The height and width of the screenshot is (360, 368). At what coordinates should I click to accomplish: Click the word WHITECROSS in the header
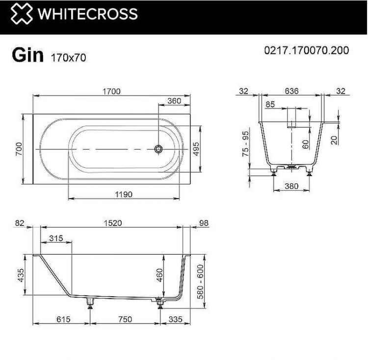88,14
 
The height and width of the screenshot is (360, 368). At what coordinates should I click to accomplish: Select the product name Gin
27,55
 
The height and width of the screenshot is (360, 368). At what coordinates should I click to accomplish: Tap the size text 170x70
68,57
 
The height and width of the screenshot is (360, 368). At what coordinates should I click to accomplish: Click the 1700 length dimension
111,91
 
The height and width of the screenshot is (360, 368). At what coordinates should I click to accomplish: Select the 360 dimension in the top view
174,101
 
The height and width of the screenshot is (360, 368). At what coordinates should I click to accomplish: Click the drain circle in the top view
158,149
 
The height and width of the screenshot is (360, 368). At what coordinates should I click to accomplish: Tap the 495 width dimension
196,149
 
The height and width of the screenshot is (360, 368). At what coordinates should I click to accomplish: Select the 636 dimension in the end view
291,91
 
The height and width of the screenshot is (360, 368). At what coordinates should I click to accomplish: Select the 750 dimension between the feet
125,319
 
